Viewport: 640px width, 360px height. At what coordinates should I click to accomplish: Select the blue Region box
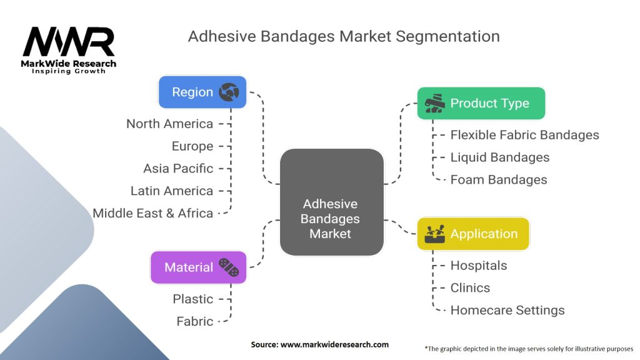tap(202, 92)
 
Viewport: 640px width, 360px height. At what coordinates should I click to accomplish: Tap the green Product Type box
tap(481, 103)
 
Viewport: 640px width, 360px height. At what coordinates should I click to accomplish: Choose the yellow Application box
tap(473, 234)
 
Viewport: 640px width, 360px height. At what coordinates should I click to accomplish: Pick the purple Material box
tap(198, 267)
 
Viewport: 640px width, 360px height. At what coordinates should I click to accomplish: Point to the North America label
tap(169, 124)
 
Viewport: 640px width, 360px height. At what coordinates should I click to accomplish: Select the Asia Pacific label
tap(178, 169)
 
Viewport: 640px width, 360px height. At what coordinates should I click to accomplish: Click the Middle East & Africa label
tap(153, 213)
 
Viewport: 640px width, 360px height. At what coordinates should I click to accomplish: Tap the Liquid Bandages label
tap(500, 157)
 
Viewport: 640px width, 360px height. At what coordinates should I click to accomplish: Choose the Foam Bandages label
tap(499, 180)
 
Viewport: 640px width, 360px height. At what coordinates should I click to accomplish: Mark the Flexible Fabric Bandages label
tap(524, 135)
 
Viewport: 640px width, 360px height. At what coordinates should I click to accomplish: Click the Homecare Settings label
tap(507, 310)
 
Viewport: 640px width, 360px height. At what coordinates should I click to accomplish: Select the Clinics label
tap(470, 288)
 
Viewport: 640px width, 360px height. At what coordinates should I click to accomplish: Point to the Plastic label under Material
tap(193, 299)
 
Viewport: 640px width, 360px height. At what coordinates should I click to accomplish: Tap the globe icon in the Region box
tap(229, 92)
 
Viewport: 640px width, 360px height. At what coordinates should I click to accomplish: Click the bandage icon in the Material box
tap(229, 267)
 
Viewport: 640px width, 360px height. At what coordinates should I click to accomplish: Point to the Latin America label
tap(172, 191)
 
